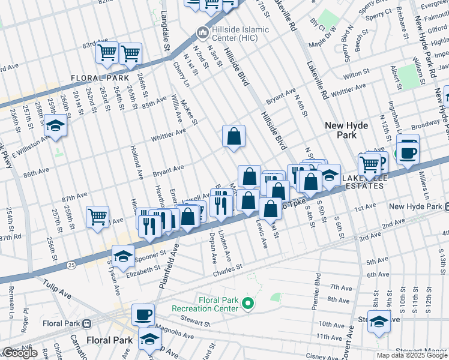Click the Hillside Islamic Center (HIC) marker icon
201,31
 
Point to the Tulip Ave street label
57,290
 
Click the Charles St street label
227,268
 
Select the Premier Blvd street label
316,291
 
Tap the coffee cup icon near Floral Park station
143,314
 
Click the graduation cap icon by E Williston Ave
55,126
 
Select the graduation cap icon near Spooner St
123,256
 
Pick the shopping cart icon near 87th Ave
97,217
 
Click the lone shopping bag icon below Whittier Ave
234,136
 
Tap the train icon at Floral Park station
87,324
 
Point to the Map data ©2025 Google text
412,355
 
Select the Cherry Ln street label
179,74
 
